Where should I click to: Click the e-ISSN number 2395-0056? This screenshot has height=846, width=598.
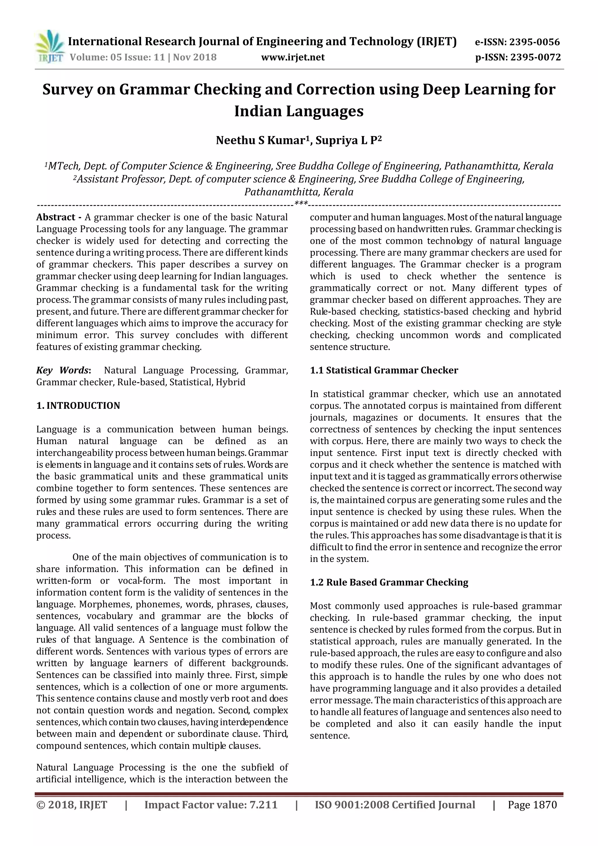pos(534,42)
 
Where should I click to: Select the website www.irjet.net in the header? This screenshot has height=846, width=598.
pos(293,57)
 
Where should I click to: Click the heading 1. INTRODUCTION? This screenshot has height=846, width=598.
pos(78,406)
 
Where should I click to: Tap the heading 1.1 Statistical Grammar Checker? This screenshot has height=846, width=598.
pos(384,370)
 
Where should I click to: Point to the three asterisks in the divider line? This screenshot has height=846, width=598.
pos(301,203)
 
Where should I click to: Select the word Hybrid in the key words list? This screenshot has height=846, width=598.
pos(230,382)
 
